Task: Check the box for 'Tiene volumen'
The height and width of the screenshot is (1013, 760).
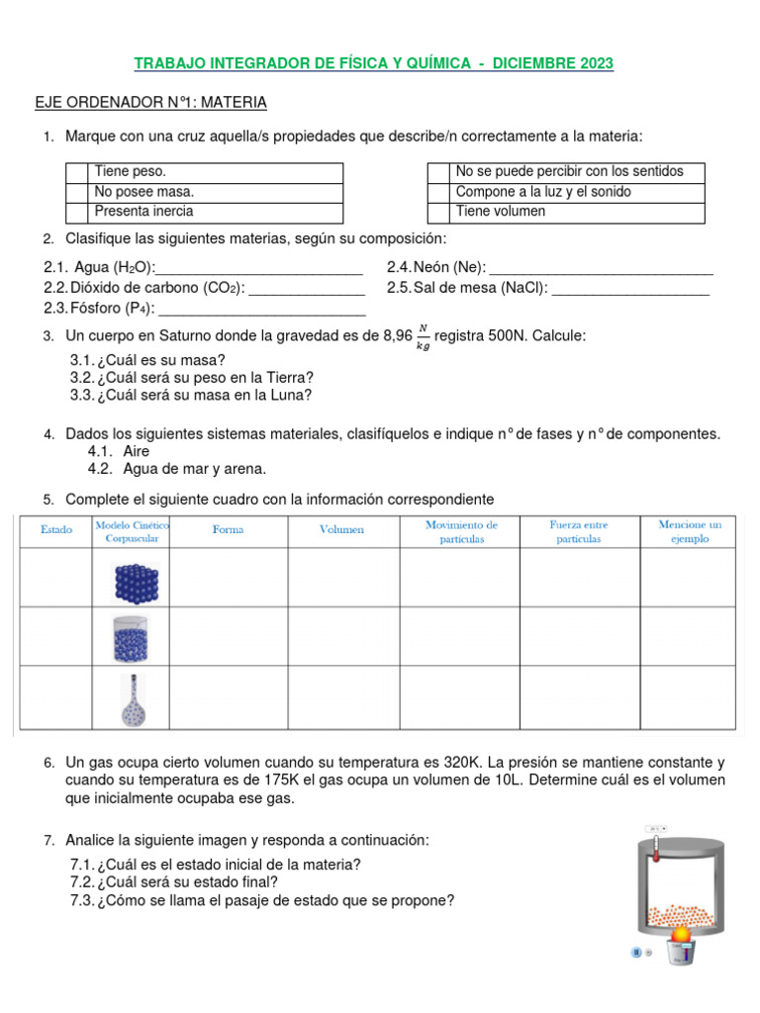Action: tap(438, 212)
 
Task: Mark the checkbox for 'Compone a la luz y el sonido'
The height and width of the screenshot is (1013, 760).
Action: tap(438, 192)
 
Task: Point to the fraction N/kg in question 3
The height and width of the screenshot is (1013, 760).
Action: tap(424, 337)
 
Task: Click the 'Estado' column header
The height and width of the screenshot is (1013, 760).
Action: tap(56, 530)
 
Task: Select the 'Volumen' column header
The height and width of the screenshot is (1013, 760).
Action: tap(341, 530)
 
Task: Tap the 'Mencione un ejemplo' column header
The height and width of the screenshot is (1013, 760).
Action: tap(690, 531)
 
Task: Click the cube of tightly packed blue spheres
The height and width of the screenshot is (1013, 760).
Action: tap(136, 582)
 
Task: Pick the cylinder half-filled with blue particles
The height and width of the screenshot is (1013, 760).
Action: tap(135, 638)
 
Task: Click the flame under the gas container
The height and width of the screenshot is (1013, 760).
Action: tap(681, 933)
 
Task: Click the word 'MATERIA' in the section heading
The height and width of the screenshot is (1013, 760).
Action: tap(234, 102)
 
